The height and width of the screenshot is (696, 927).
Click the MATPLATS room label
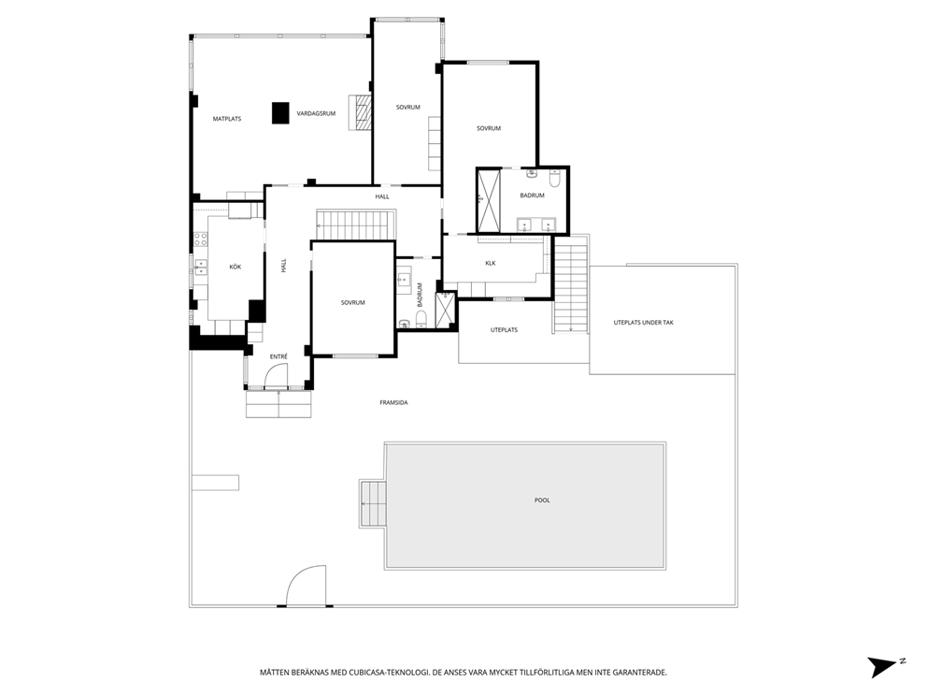pos(226,119)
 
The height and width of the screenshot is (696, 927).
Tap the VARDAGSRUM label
pos(316,113)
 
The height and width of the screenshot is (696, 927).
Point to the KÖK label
pos(235,268)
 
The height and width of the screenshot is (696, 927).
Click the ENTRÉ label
pos(278,356)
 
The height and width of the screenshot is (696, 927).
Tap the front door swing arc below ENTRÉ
pos(278,376)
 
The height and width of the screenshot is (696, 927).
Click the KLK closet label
pos(490,263)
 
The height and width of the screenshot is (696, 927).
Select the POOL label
pos(542,500)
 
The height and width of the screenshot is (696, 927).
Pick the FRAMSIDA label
pos(393,402)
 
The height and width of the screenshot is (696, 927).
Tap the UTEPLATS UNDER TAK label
pos(643,323)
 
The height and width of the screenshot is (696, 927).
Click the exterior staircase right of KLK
pos(571,285)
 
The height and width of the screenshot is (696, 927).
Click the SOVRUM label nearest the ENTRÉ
pos(352,302)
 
